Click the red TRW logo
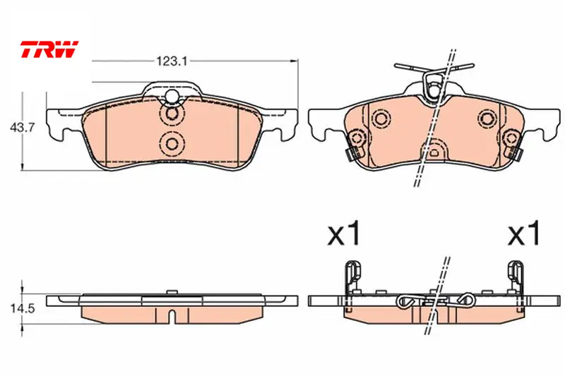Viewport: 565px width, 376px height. [49, 49]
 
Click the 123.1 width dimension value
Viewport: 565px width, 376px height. [172, 61]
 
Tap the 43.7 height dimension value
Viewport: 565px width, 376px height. [22, 128]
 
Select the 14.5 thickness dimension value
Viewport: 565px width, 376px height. [23, 308]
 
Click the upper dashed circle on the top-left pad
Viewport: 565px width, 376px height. [172, 114]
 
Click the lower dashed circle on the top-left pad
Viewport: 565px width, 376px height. [172, 144]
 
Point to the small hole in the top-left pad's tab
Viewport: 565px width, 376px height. [172, 96]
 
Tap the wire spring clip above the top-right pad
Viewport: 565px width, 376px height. [434, 81]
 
